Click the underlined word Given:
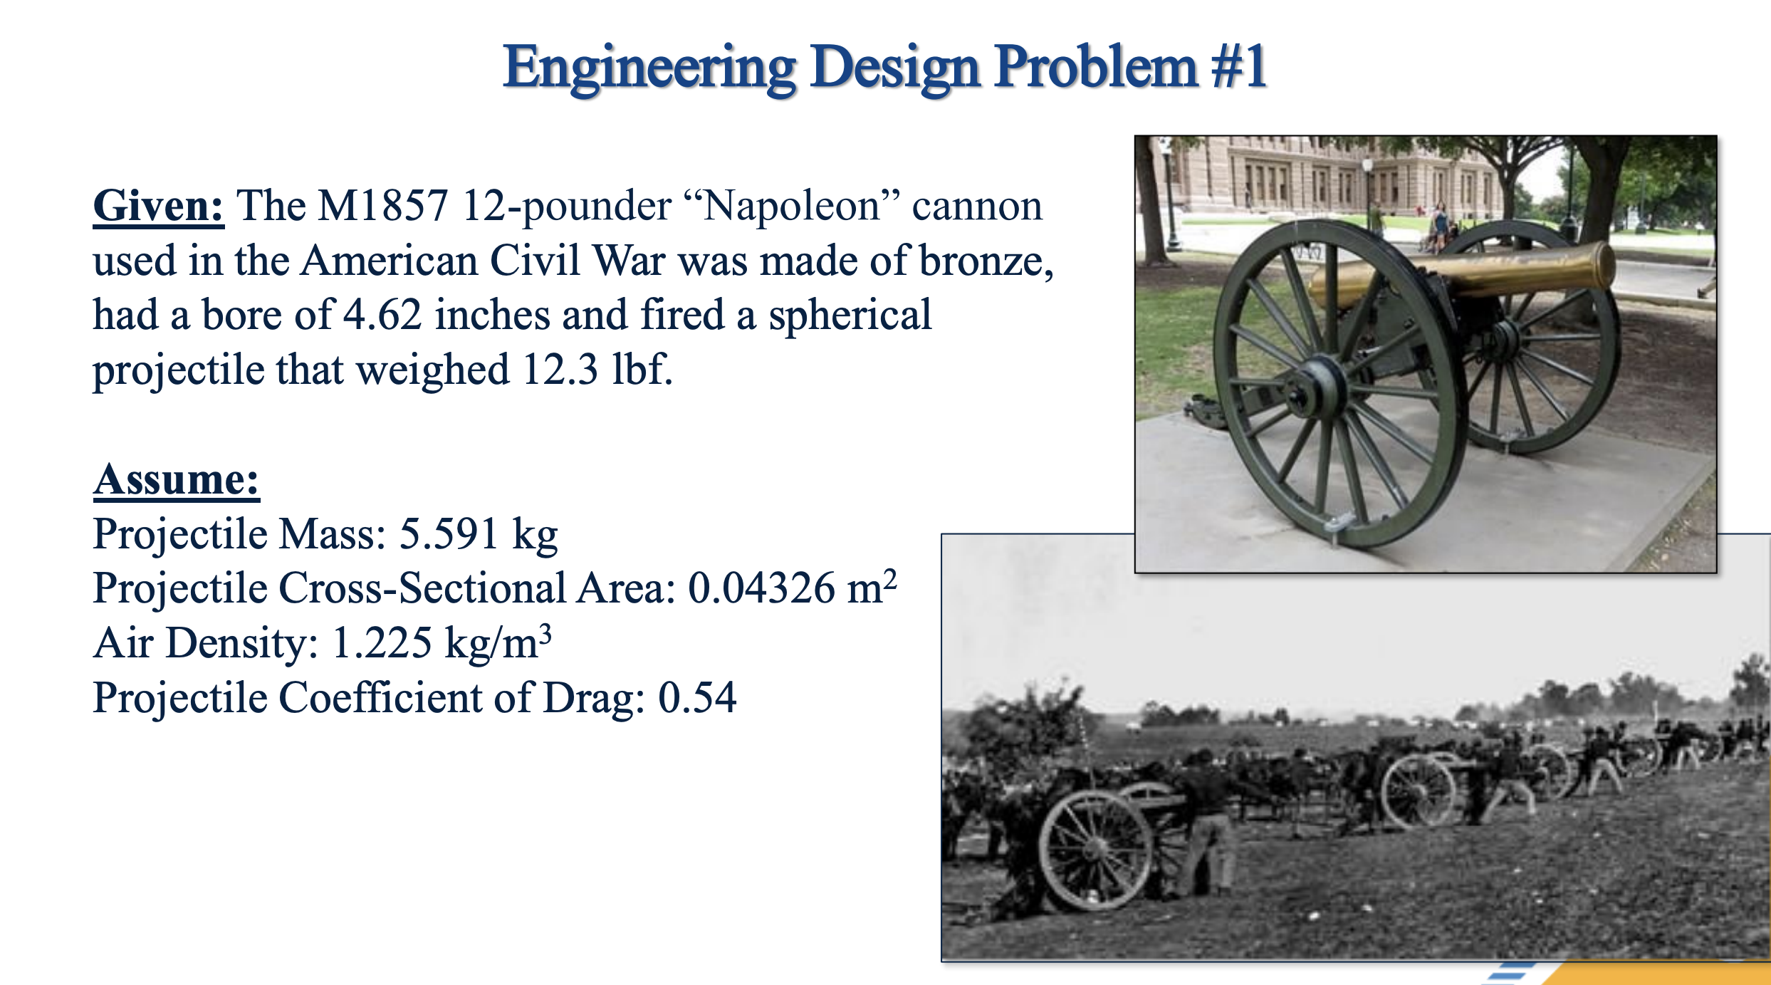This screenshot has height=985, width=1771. (158, 206)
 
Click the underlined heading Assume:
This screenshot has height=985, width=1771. (176, 479)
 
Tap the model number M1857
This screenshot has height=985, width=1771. (382, 206)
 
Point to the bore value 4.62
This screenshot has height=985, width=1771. (382, 315)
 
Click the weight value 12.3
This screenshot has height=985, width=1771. (560, 370)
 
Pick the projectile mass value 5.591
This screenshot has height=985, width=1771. (448, 533)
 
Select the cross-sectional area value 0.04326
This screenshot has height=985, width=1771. (761, 588)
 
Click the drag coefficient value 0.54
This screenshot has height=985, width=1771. (696, 697)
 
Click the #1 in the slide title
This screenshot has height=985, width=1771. (1239, 67)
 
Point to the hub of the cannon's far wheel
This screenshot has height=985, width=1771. (1504, 340)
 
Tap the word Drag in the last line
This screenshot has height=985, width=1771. (594, 697)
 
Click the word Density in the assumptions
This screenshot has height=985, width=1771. (241, 643)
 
